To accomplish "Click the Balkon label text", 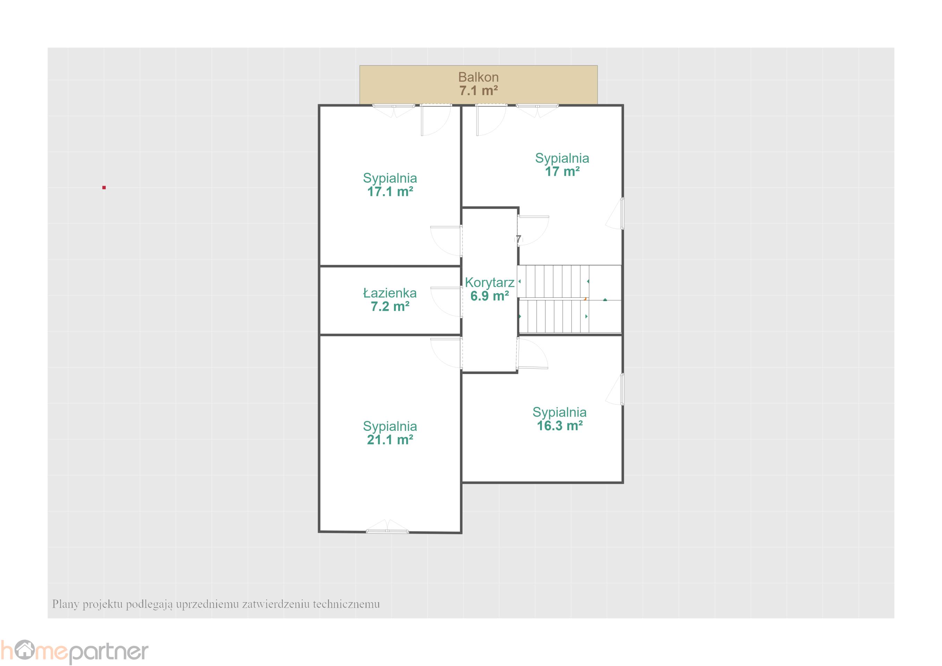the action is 478,77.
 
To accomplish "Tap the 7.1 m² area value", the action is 478,91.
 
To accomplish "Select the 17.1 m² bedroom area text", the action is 390,191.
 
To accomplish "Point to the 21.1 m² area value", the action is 390,440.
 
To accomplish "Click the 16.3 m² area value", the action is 560,426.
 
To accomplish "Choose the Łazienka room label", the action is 390,293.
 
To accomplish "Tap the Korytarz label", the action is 489,283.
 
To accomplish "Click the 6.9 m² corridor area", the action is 489,296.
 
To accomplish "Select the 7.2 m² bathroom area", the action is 390,307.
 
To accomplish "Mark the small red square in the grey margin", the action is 104,188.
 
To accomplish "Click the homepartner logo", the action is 74,652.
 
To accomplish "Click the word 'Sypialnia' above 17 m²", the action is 562,159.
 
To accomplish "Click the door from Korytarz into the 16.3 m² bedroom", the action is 532,353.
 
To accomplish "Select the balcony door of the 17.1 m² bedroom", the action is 436,120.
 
